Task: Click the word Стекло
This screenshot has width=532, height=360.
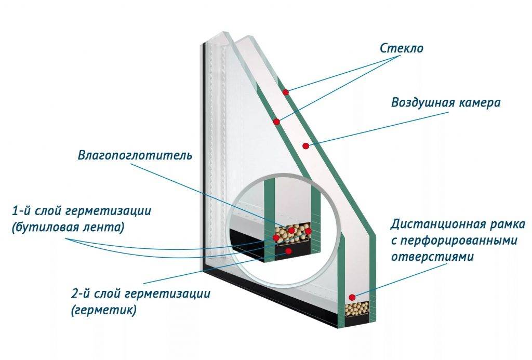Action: [402, 49]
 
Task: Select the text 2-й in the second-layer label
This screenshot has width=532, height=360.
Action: [82, 294]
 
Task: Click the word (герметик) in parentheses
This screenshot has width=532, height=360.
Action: [104, 310]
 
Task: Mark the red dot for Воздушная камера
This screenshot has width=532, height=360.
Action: [307, 145]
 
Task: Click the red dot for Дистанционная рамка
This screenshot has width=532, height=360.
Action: [352, 297]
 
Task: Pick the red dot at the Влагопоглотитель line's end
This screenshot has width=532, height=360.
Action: [292, 230]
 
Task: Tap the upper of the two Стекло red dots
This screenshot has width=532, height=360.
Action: [285, 92]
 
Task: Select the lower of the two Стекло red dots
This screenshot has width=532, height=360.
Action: [277, 122]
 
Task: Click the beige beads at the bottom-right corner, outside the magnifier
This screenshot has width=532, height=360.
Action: [357, 310]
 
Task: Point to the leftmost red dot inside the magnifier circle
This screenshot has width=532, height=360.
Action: [276, 238]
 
